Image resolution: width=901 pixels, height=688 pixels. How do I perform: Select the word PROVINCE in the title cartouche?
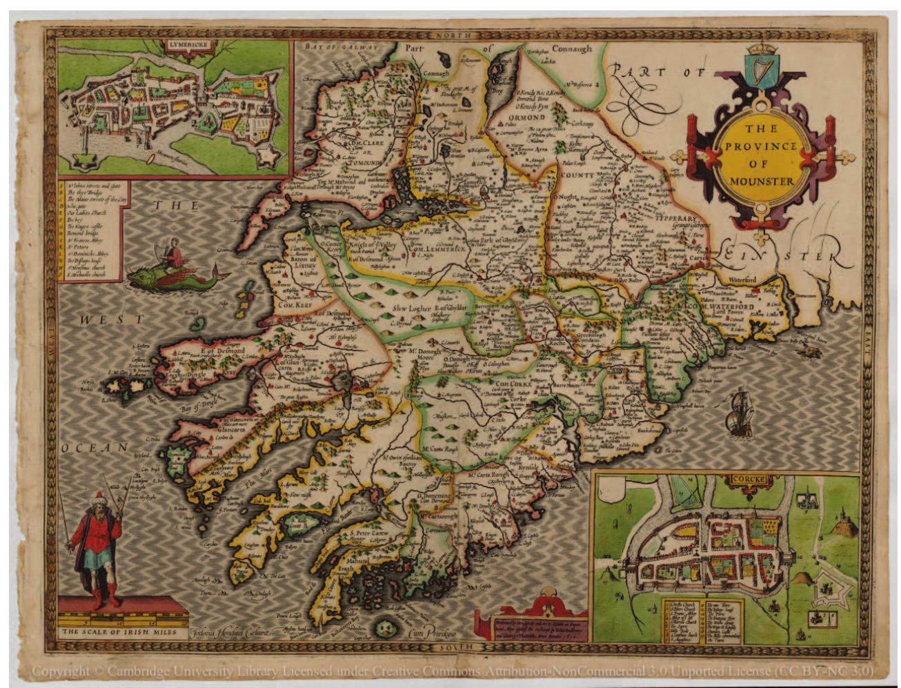[761, 146]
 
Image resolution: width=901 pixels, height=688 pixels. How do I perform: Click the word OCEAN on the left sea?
[95, 448]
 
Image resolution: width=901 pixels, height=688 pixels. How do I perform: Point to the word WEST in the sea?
[110, 320]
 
